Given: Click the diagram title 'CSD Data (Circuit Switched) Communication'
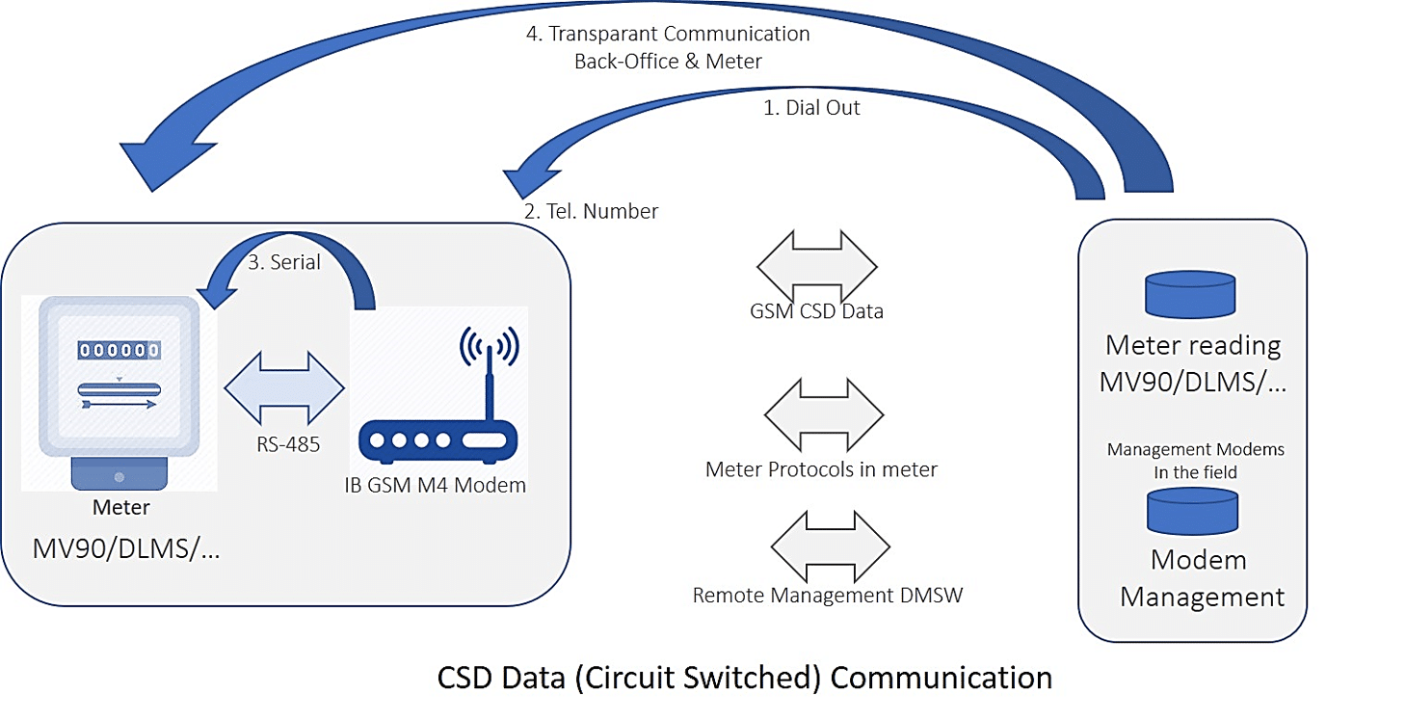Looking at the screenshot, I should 744,678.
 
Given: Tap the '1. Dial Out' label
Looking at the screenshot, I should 811,109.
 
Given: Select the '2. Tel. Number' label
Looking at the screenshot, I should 592,212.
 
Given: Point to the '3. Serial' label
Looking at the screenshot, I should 284,262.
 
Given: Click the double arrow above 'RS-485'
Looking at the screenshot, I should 284,388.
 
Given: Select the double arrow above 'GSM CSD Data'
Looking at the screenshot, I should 817,267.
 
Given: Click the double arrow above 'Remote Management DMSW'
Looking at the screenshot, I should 830,546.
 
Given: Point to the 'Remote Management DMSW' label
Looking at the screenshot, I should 828,596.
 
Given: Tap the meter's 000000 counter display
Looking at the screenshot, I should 119,350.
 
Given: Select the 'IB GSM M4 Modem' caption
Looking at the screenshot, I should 436,485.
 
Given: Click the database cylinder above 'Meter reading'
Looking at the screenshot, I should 1189,295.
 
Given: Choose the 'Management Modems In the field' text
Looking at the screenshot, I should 1195,461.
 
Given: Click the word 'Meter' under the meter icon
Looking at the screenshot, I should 120,507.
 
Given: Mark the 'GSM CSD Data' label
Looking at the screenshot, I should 816,311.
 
